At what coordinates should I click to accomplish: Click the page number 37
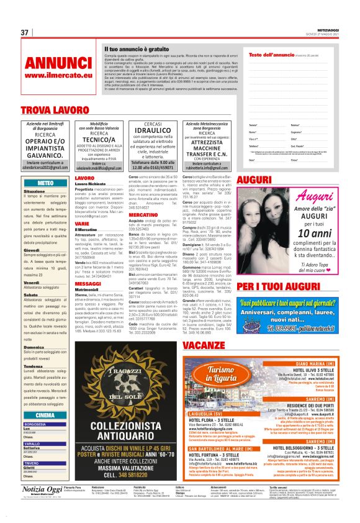pos(25,32)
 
